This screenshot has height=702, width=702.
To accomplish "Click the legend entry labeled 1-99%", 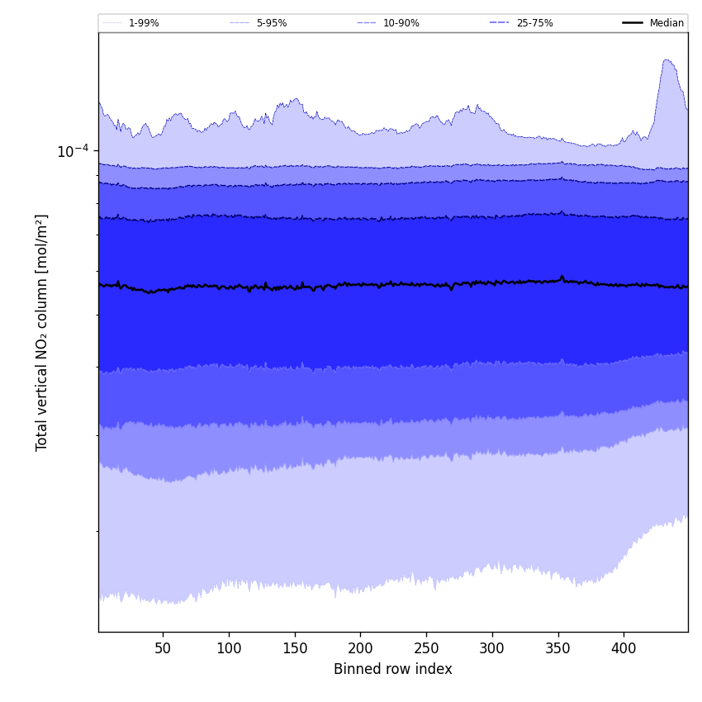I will (x=144, y=23).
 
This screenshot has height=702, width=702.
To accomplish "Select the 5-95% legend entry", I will (x=271, y=23).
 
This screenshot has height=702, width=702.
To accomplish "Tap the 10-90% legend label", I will (x=401, y=23).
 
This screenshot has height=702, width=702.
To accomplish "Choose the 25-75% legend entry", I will (x=534, y=23).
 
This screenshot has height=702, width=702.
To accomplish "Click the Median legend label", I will (x=666, y=23).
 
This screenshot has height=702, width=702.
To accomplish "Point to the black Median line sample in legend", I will (x=633, y=23).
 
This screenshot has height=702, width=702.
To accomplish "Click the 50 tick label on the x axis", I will (x=163, y=648).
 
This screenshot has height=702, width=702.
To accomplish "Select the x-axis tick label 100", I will (x=229, y=648).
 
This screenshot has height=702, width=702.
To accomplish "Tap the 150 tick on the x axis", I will (x=295, y=648).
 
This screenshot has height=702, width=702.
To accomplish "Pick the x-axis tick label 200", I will (x=360, y=648).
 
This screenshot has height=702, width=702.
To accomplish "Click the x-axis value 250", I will (x=426, y=648).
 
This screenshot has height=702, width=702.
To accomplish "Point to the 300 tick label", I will (x=492, y=648).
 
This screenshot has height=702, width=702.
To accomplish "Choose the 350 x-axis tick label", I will (x=557, y=648).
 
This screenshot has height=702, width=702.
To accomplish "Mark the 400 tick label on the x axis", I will (x=624, y=648).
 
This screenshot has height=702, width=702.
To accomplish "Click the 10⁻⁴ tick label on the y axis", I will (x=73, y=151).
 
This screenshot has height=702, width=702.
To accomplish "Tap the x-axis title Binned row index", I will (x=392, y=669).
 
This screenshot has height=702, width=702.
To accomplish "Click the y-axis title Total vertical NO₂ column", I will (x=42, y=332).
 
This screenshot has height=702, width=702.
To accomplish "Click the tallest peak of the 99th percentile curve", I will (x=666, y=59).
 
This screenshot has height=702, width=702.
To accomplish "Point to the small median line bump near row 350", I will (x=562, y=277).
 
